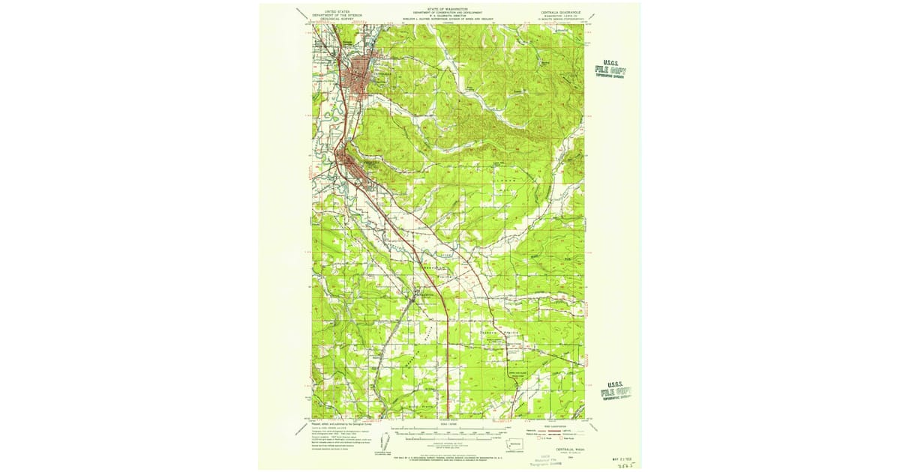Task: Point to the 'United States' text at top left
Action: click(337, 11)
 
